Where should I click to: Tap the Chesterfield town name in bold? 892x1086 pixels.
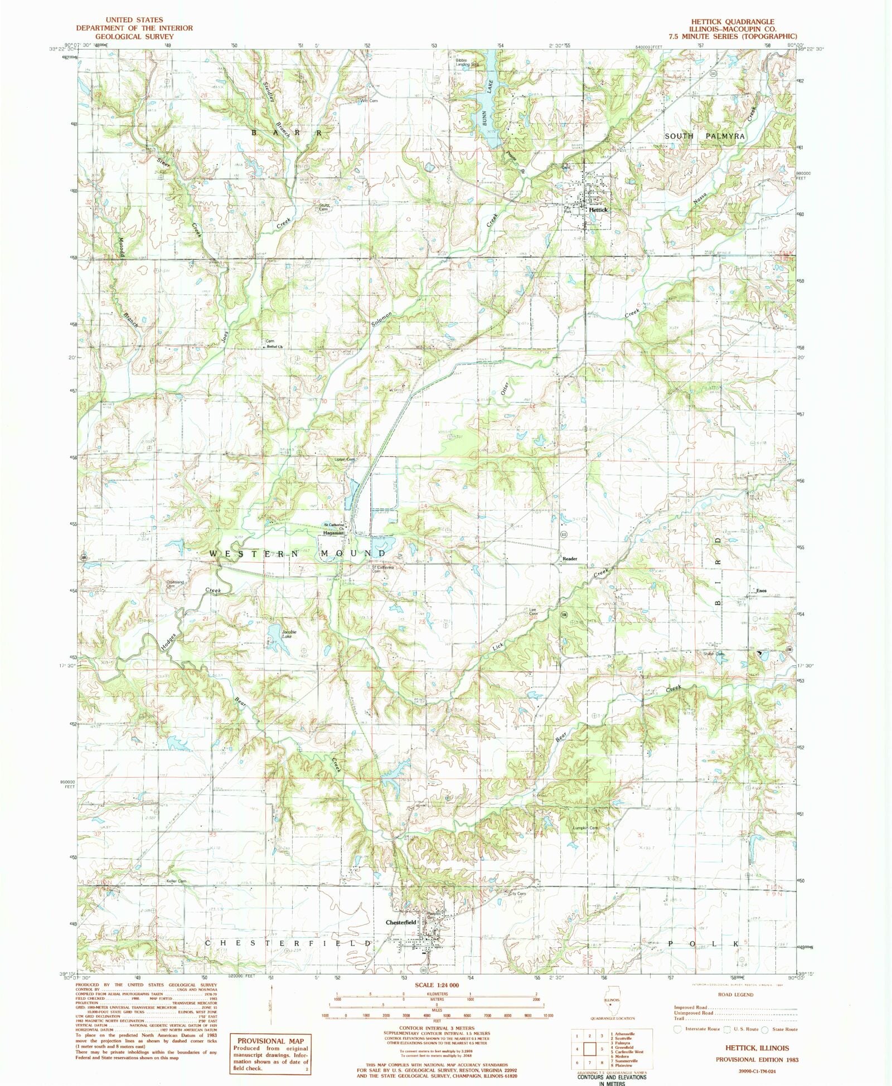tap(401, 922)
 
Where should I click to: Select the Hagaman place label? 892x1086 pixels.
tap(333, 533)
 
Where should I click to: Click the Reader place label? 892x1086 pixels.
tap(570, 558)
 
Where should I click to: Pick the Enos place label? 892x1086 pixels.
tap(761, 591)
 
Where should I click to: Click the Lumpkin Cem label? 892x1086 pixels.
tap(586, 828)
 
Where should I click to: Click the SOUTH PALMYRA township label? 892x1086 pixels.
tap(704, 136)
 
